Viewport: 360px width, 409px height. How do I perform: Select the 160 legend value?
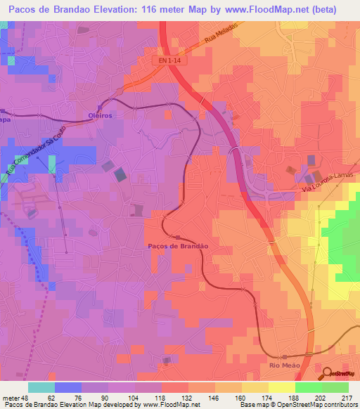pos(241,397)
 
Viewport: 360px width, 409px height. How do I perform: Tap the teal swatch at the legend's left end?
pos(41,387)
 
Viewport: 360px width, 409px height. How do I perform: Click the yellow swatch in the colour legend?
pos(281,387)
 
